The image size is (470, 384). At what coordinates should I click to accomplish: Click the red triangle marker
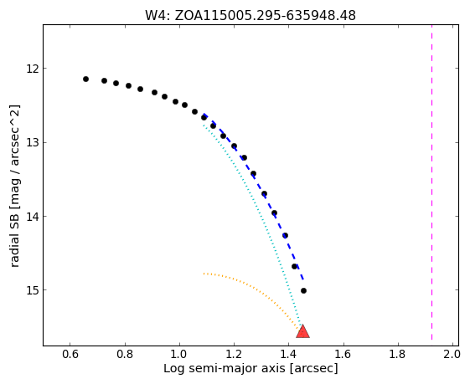pos(302,331)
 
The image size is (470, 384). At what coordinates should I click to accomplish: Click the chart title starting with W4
pos(250,15)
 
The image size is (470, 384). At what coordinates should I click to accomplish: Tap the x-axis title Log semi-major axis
pos(250,368)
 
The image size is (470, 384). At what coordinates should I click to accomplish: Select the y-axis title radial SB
pos(15,186)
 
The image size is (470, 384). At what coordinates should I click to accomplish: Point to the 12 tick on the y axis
pos(33,69)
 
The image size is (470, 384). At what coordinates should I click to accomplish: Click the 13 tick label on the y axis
pos(33,142)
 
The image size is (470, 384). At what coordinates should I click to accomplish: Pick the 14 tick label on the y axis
pos(33,216)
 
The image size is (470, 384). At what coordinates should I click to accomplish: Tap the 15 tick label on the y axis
pos(33,290)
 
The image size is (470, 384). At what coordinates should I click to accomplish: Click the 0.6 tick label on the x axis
pos(70,355)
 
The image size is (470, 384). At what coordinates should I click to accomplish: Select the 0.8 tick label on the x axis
pos(125,355)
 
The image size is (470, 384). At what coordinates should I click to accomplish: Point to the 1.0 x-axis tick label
pos(179,355)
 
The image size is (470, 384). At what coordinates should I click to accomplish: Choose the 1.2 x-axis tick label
pos(234,355)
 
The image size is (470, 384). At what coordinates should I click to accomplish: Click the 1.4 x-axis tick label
pos(288,355)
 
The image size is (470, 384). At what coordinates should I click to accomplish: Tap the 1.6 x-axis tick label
pos(343,355)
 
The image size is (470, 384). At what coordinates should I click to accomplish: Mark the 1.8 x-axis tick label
pos(398,355)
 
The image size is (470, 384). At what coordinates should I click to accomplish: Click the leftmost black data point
pos(85,79)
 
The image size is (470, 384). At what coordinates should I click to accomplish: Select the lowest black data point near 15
pos(303,290)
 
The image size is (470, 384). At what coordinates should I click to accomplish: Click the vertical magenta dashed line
pos(432,182)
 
